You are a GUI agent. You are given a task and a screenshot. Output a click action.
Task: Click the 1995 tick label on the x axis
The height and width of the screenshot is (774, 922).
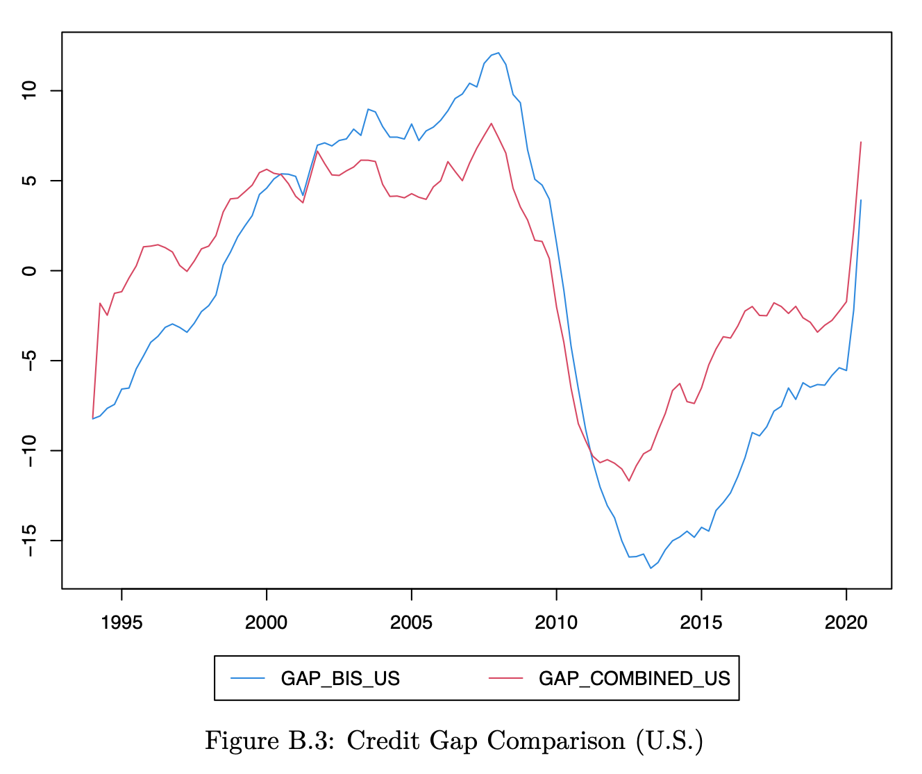[x=121, y=623]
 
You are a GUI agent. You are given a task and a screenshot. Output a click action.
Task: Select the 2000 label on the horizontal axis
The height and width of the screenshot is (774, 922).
[x=266, y=623]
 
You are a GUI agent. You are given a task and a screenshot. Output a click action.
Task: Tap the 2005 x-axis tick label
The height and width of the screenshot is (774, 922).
[x=411, y=623]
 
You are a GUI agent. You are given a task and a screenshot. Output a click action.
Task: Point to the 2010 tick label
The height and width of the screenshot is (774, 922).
[x=556, y=623]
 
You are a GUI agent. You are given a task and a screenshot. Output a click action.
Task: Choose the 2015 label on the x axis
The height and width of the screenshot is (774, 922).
[x=701, y=623]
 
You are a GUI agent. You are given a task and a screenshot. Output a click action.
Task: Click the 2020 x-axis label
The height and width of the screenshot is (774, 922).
[x=846, y=623]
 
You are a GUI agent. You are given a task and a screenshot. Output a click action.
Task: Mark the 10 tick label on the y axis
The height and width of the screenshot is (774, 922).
[x=28, y=90]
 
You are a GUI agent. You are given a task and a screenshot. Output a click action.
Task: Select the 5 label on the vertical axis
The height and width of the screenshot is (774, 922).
[x=28, y=181]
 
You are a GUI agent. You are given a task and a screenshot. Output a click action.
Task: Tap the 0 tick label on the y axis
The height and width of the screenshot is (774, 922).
[x=28, y=270]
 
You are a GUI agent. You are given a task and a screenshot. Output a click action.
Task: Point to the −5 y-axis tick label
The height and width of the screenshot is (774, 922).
[x=28, y=360]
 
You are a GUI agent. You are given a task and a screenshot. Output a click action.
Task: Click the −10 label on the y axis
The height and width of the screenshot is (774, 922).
[x=28, y=450]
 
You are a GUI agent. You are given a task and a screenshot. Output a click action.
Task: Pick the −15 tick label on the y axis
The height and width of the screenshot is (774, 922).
[x=28, y=540]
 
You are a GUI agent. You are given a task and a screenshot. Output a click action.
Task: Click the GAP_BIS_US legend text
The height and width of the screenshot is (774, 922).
[x=340, y=679]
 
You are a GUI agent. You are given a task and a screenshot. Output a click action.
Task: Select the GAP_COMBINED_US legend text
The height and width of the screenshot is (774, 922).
[x=634, y=679]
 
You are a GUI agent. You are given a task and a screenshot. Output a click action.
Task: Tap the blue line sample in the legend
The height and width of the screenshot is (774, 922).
[x=248, y=678]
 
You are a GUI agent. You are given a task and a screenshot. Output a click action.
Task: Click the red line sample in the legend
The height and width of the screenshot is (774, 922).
[x=505, y=678]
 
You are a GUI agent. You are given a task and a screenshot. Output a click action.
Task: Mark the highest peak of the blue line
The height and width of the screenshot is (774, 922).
[x=498, y=53]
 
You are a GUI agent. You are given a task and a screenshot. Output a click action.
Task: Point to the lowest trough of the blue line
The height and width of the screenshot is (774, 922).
[x=651, y=568]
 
